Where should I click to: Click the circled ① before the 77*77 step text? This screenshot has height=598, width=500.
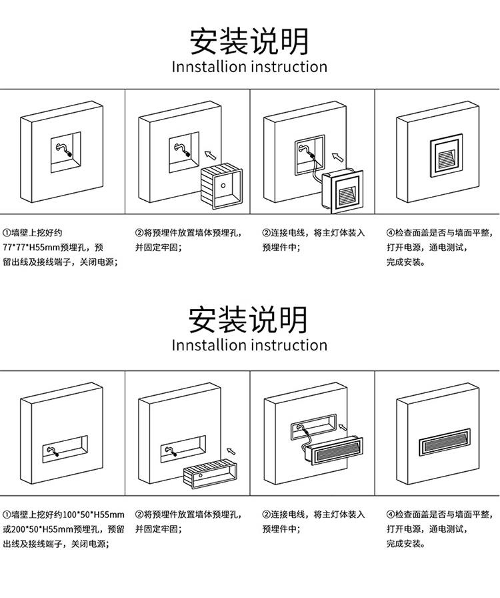pyautogui.click(x=7, y=233)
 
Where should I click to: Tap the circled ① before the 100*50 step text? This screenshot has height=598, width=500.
pyautogui.click(x=7, y=515)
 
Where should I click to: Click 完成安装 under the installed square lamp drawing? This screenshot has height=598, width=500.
pyautogui.click(x=404, y=262)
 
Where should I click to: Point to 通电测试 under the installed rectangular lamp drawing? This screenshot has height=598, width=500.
pyautogui.click(x=447, y=529)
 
